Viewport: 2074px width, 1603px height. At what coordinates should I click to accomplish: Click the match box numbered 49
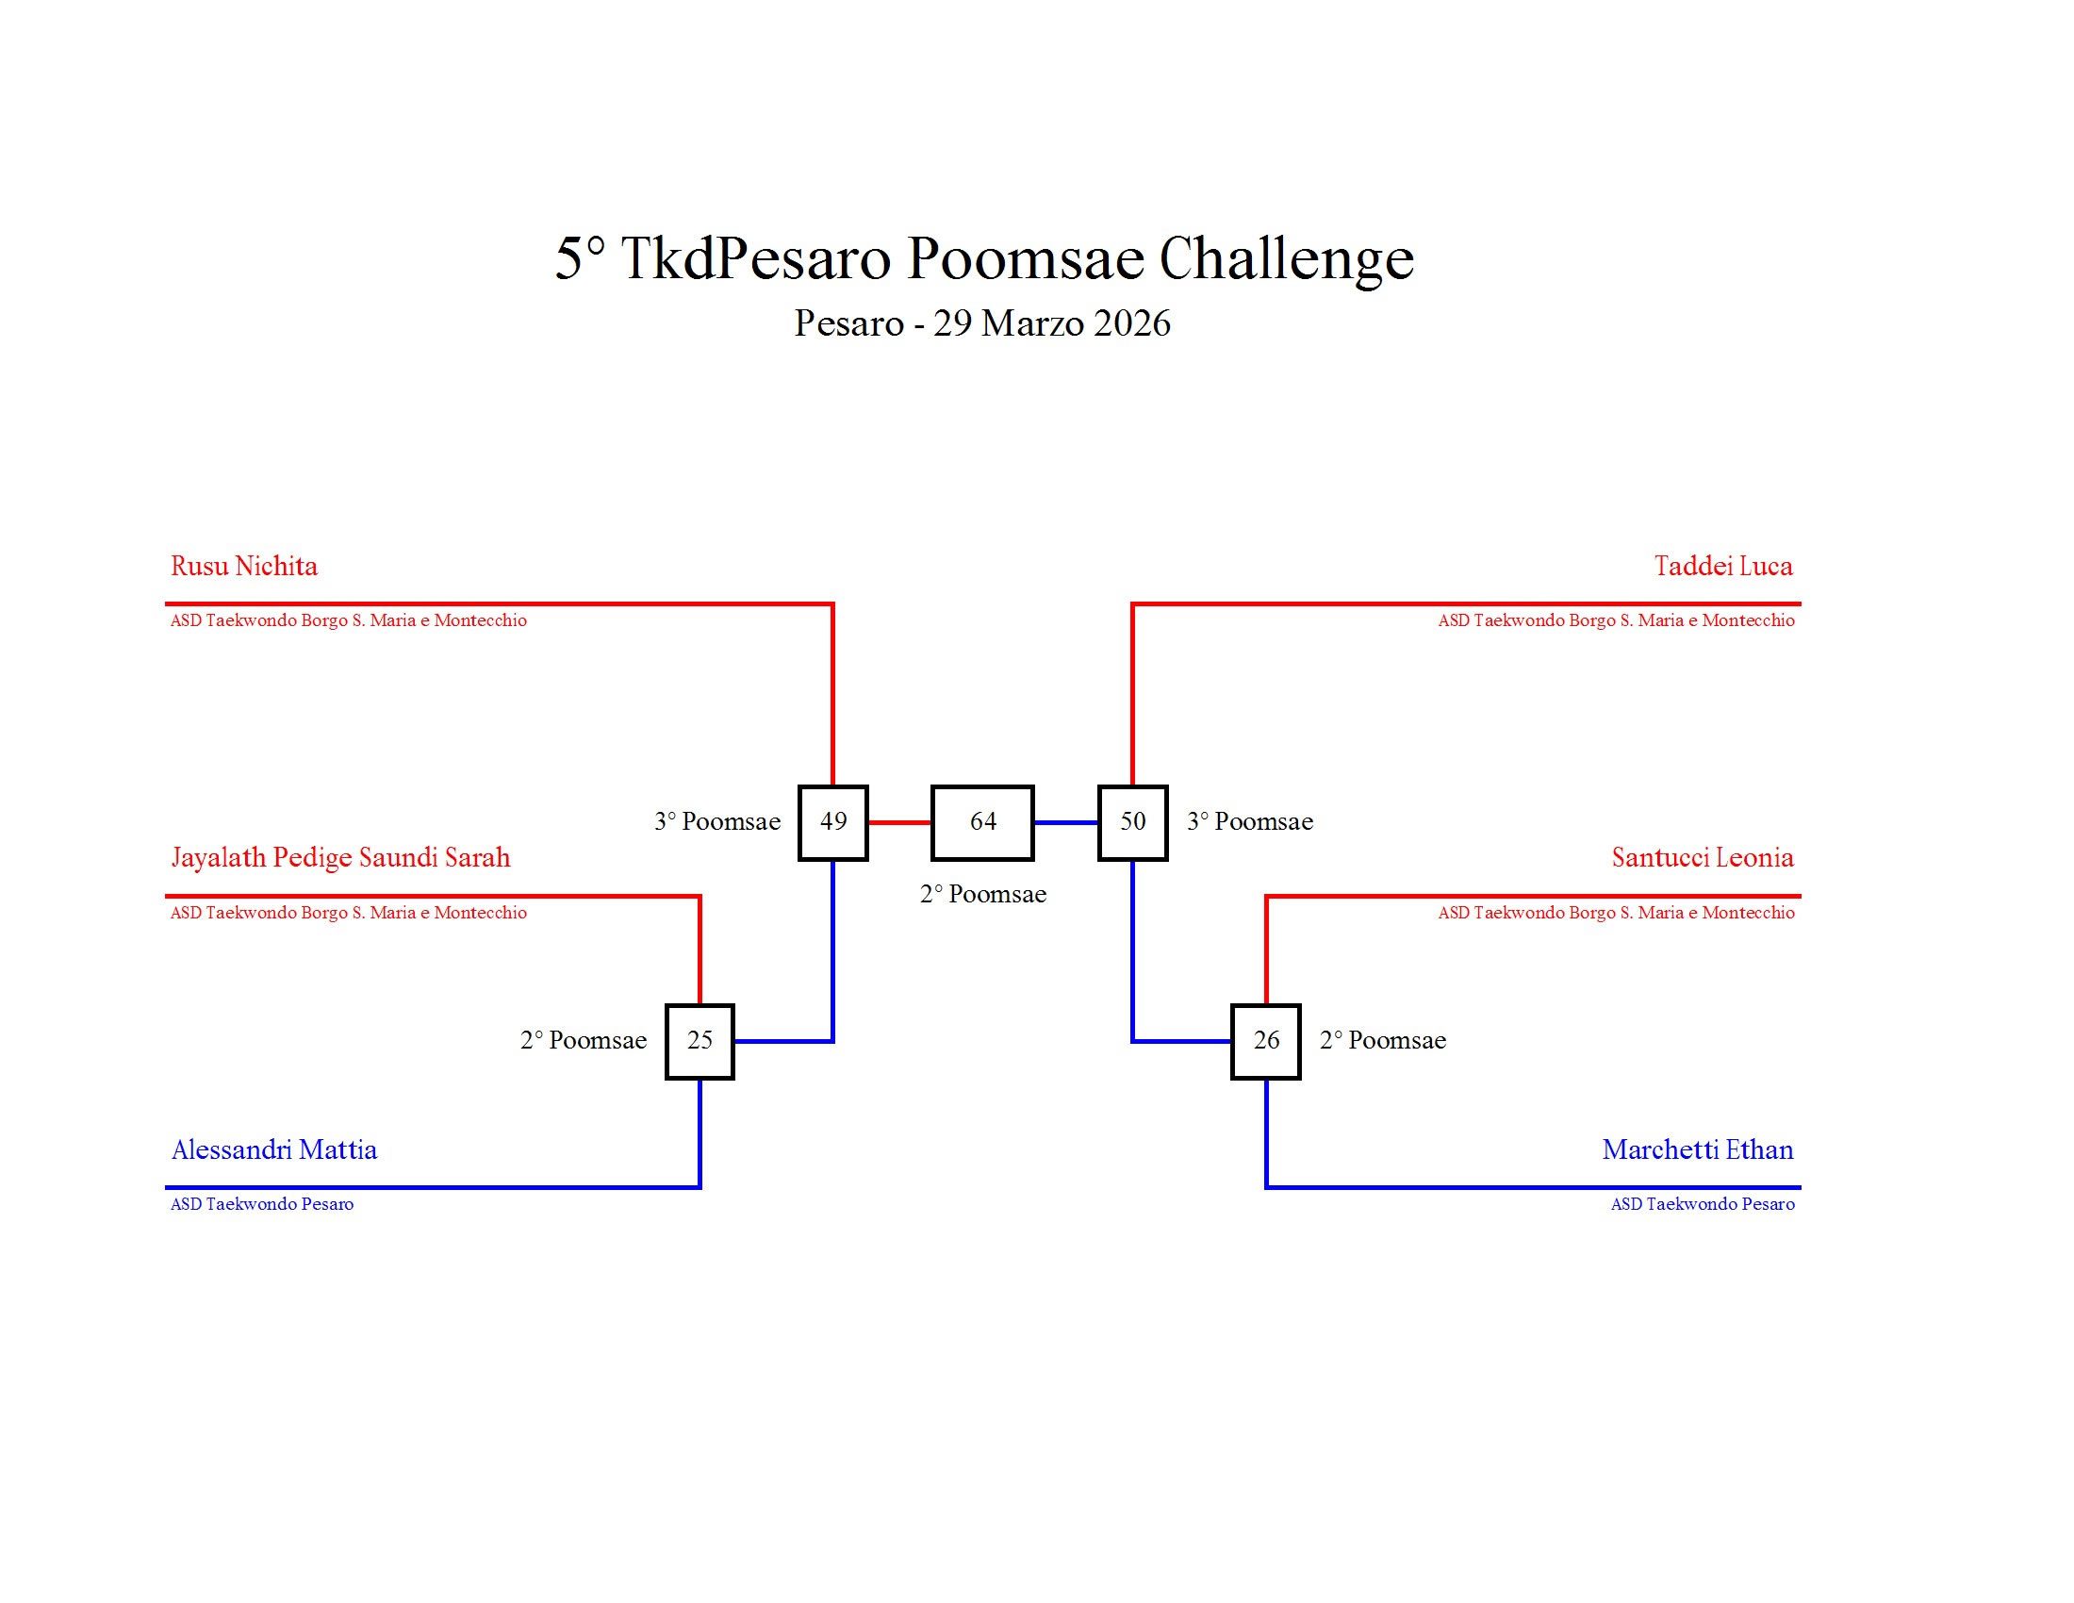pos(832,822)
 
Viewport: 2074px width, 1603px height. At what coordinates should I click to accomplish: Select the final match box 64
pos(982,822)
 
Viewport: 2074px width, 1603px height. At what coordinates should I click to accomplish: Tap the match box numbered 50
pos(1132,822)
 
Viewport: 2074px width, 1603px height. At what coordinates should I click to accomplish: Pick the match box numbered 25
pos(700,1041)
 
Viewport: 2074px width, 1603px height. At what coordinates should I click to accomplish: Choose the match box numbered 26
pos(1266,1041)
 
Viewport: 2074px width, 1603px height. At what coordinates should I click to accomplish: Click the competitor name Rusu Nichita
pos(244,567)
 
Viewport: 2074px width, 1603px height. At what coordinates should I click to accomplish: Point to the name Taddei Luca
pos(1722,567)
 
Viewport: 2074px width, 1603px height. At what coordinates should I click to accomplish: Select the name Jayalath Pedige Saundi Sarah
pos(340,858)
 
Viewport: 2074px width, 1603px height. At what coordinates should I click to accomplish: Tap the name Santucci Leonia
pos(1702,858)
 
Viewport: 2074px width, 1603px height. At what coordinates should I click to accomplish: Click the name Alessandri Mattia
pos(274,1150)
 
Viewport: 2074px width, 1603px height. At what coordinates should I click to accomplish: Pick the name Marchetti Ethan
pos(1698,1150)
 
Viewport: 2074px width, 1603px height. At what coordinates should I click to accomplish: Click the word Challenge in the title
pos(1286,258)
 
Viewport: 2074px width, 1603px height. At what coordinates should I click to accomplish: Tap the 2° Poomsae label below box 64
pos(983,895)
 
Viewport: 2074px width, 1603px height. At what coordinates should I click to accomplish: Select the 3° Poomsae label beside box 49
pos(717,822)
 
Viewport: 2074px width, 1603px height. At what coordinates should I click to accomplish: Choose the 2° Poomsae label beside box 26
pos(1383,1041)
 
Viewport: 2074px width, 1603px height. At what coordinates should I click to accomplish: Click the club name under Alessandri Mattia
pos(262,1204)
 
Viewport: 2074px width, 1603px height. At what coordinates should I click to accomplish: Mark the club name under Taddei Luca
pos(1615,621)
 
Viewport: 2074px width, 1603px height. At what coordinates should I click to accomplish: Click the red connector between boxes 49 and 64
pos(899,822)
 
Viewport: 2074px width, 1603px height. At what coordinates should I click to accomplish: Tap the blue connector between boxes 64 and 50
pos(1065,822)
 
